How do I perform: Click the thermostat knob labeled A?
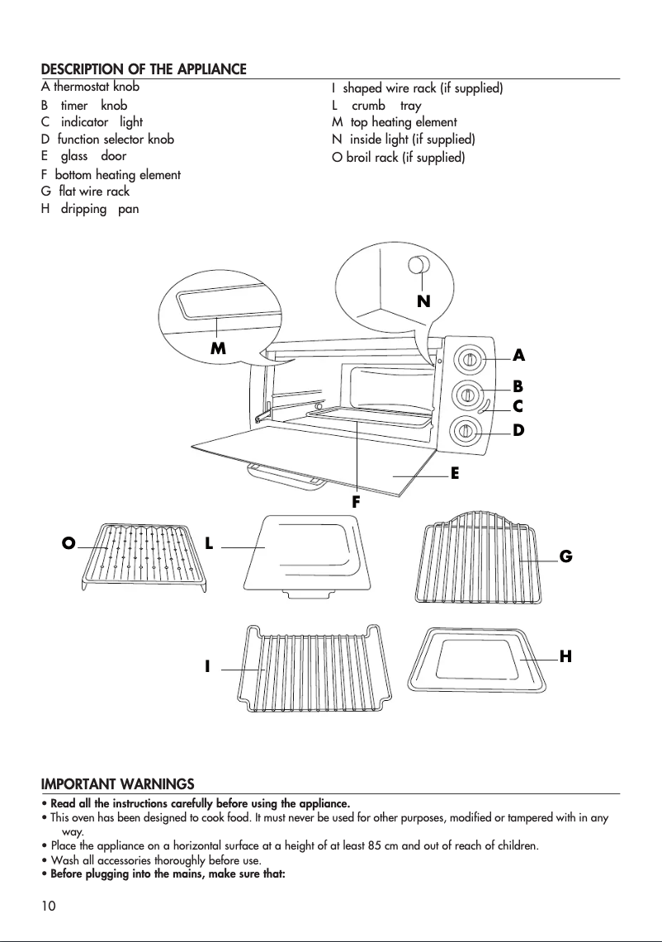pyautogui.click(x=468, y=360)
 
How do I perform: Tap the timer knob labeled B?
pyautogui.click(x=467, y=394)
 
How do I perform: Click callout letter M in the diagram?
pyautogui.click(x=218, y=348)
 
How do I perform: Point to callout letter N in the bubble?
pyautogui.click(x=423, y=302)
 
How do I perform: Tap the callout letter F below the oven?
pyautogui.click(x=357, y=500)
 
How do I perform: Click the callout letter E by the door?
pyautogui.click(x=454, y=474)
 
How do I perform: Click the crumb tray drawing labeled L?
pyautogui.click(x=303, y=552)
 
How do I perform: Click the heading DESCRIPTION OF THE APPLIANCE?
pyautogui.click(x=144, y=69)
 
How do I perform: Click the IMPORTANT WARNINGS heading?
pyautogui.click(x=118, y=783)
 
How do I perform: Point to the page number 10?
pyautogui.click(x=49, y=906)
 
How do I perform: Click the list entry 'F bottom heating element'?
pyautogui.click(x=111, y=174)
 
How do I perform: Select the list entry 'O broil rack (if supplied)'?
pyautogui.click(x=398, y=157)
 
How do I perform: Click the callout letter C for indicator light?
pyautogui.click(x=518, y=406)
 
